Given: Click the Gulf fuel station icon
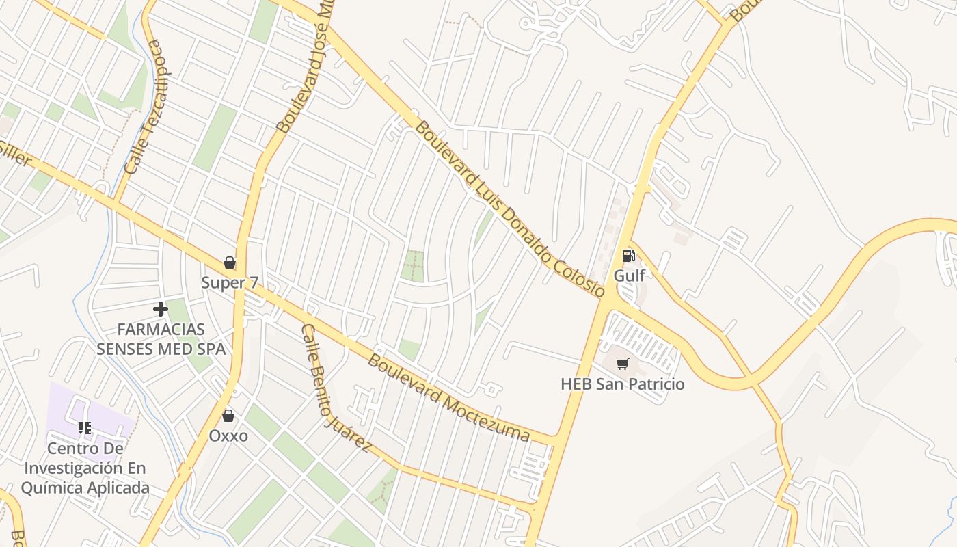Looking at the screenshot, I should tap(628, 256).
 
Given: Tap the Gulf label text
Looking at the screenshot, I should tap(629, 276).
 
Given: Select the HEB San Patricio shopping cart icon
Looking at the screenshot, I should tap(622, 364).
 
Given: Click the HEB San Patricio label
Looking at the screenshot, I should tap(622, 384).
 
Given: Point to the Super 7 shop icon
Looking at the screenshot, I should tap(230, 263).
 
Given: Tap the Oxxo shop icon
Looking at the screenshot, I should tap(228, 416).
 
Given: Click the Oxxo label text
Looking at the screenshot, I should tap(228, 436).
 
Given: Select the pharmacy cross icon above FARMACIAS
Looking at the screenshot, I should tap(161, 309).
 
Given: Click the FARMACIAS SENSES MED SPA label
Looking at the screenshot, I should tap(161, 339).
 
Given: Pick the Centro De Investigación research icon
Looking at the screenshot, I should tap(85, 429).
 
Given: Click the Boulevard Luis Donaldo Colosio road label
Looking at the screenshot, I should tap(510, 209).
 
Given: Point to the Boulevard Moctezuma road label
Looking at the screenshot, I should tap(448, 397).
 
